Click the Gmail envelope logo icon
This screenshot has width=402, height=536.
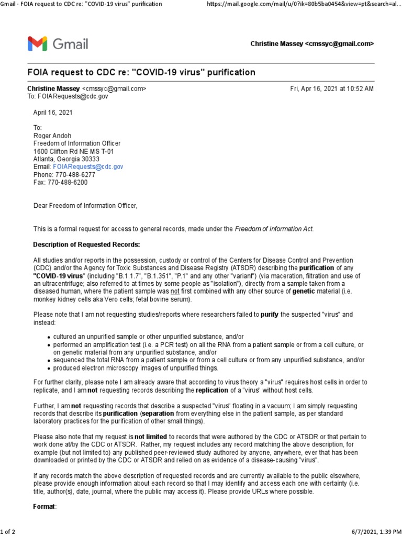pos(37,43)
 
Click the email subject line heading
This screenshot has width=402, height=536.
pos(141,72)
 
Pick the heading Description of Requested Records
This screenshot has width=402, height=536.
pos(86,244)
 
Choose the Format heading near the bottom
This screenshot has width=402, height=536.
pos(44,507)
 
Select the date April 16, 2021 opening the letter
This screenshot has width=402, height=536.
pos(53,112)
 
